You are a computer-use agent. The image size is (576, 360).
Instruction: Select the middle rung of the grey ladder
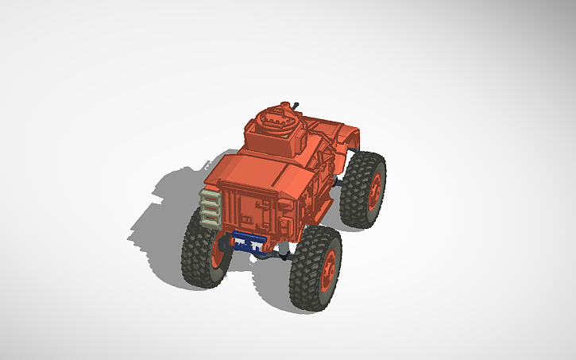point(211,208)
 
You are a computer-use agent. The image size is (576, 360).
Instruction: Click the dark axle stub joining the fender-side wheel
point(339,184)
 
